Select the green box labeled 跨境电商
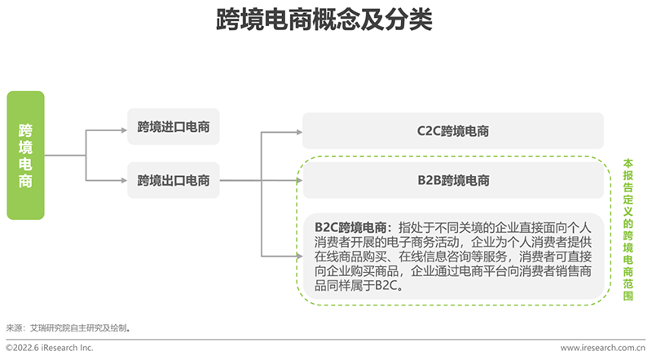25,155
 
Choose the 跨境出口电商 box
173,180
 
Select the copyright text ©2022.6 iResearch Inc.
50,348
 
